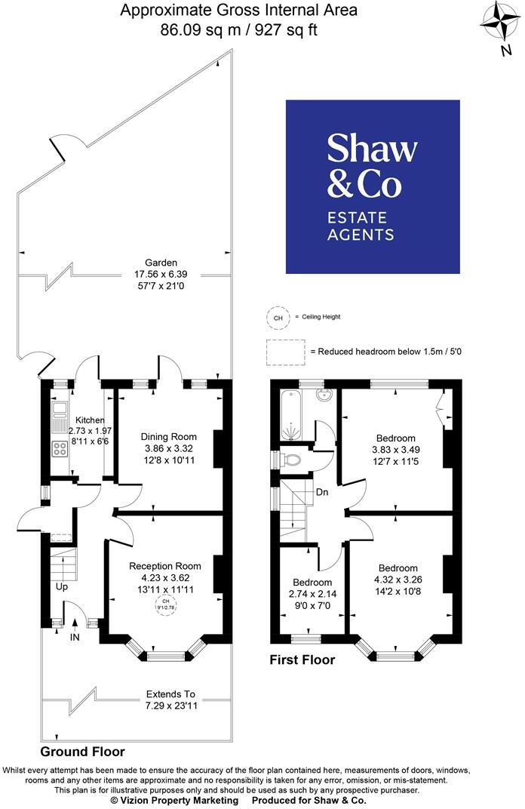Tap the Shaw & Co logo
point(373,186)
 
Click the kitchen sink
point(58,411)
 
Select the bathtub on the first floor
point(290,414)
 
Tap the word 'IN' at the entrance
point(75,638)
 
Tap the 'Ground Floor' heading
point(82,752)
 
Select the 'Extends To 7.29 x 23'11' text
point(170,699)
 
